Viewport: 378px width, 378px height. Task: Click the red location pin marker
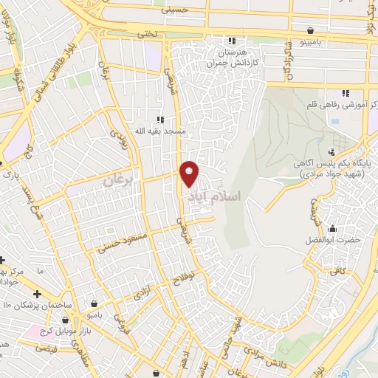(189, 173)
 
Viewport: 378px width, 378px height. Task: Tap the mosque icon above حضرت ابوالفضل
(332, 228)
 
